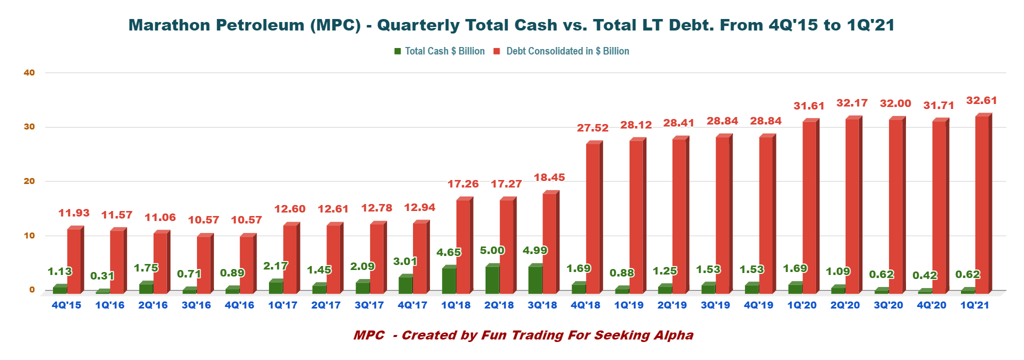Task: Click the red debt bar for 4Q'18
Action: (592, 218)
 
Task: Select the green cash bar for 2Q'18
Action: (492, 279)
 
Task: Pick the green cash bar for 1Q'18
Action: (448, 280)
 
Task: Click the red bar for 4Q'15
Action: (74, 260)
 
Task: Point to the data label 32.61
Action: (981, 100)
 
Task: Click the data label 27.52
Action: (592, 128)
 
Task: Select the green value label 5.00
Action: (492, 250)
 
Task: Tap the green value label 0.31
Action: (102, 276)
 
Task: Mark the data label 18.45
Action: (549, 177)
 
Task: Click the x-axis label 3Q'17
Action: (369, 305)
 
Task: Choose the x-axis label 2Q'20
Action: (845, 305)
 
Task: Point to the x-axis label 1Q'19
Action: (628, 305)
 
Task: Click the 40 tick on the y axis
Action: (29, 72)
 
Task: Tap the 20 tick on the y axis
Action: (29, 181)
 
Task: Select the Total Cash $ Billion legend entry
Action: (444, 51)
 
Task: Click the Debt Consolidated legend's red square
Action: (497, 51)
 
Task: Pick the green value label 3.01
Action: (405, 261)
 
